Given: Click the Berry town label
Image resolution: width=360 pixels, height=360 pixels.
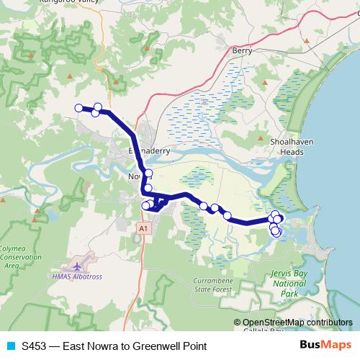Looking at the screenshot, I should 240,50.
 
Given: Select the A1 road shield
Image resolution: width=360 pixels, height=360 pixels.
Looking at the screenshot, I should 144,228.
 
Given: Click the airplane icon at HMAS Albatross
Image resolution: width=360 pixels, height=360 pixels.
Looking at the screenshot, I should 78,257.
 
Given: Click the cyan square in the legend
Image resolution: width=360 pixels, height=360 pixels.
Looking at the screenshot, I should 9,346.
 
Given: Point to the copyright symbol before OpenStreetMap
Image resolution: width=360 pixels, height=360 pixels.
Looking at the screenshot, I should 238,323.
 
